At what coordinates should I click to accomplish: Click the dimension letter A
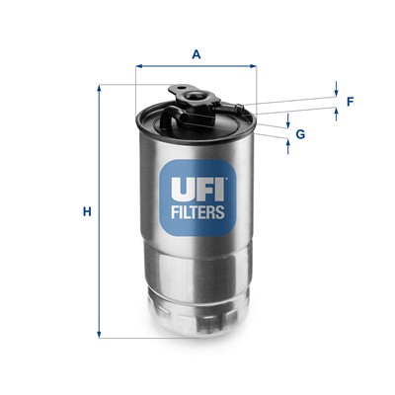pos(197,54)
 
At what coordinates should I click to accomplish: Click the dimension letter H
pos(87,211)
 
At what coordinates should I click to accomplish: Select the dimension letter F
pos(350,102)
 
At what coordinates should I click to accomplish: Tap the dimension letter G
pos(300,133)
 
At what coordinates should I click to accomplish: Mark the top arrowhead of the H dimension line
pos(99,89)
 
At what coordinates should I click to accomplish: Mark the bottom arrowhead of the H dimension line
pos(99,335)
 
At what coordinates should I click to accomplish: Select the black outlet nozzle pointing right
pos(240,104)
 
